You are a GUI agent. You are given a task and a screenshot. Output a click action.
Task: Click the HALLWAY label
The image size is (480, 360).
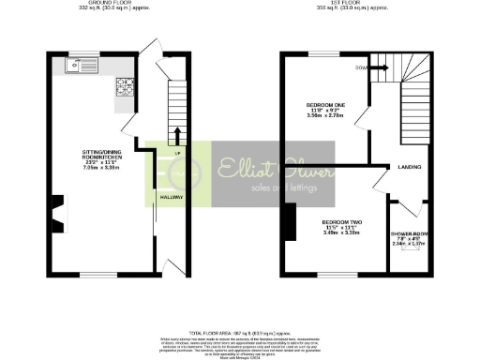170,198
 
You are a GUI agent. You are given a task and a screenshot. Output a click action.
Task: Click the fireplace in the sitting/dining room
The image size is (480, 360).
58,214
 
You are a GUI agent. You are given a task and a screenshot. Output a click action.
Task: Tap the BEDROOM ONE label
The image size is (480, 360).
321,103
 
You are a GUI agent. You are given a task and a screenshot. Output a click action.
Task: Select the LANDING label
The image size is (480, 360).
409,167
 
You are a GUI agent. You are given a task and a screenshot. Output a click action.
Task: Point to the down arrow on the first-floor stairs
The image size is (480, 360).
380,67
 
